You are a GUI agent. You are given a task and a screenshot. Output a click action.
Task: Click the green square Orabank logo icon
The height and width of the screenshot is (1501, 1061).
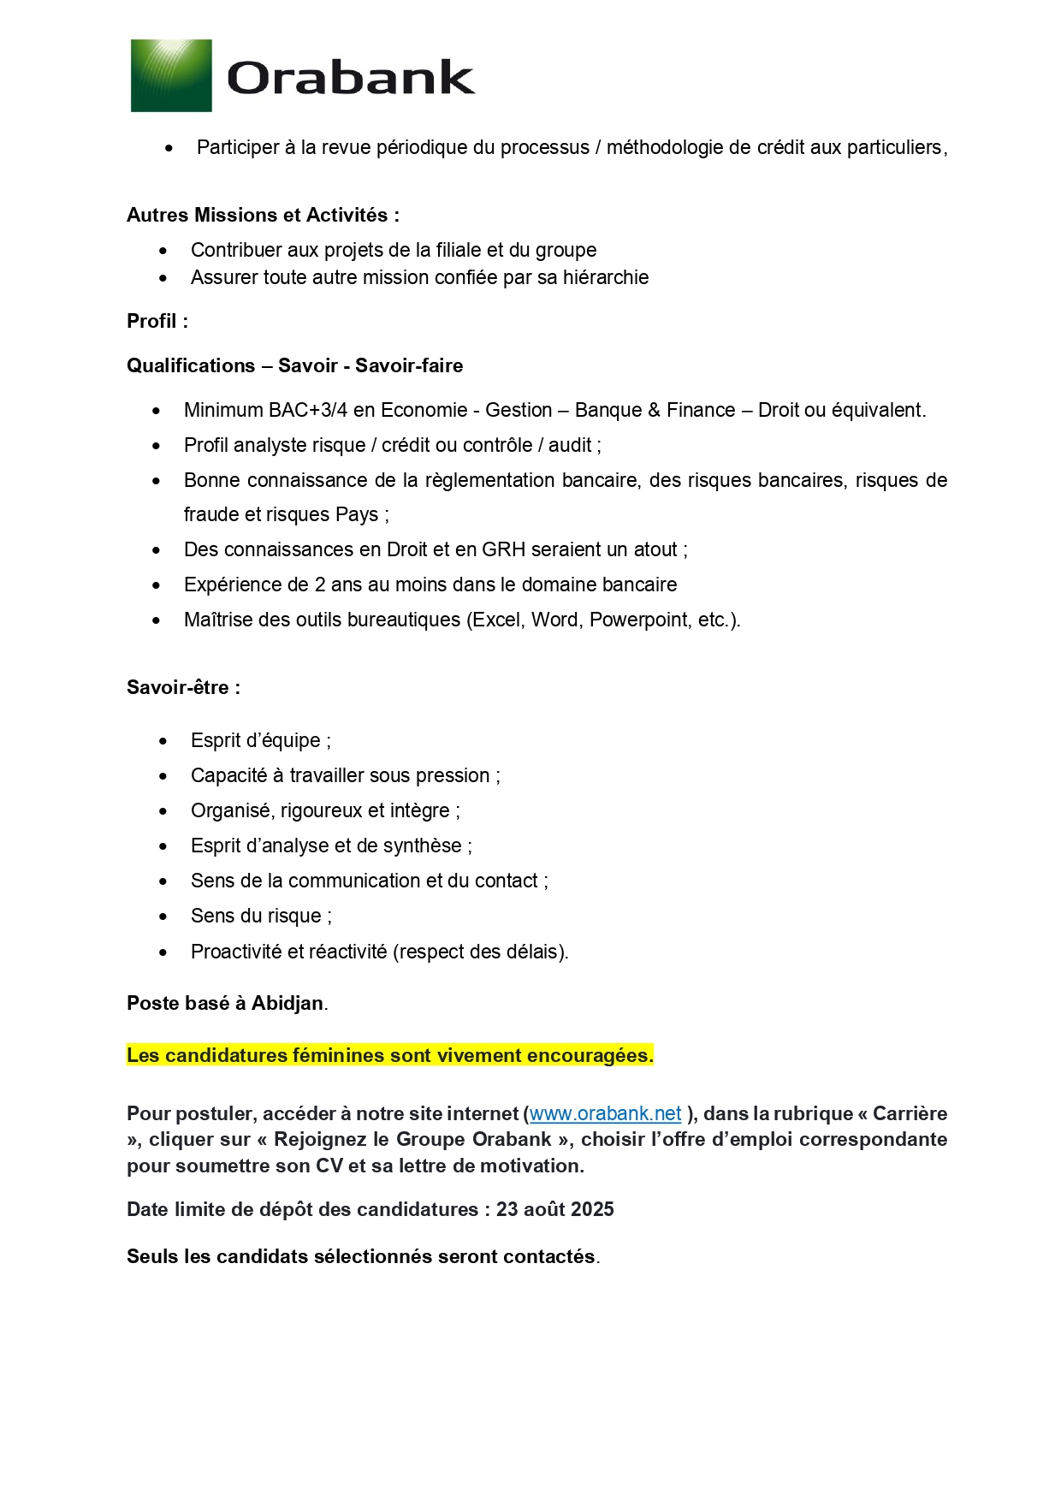click(x=171, y=75)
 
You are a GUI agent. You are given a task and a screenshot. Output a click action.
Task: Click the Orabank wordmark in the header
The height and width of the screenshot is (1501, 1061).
click(x=351, y=78)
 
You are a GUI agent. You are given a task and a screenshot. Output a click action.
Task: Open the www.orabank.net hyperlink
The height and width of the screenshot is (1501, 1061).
click(x=605, y=1113)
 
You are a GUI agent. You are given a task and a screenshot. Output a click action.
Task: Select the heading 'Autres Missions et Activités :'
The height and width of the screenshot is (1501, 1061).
click(x=263, y=215)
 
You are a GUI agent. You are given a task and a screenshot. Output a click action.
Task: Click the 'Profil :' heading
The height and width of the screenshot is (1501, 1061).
click(x=157, y=321)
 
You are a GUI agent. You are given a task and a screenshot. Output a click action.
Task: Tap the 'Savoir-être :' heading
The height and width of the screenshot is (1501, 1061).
click(x=183, y=687)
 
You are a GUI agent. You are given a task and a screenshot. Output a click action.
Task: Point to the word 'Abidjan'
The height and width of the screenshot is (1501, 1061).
click(x=287, y=1003)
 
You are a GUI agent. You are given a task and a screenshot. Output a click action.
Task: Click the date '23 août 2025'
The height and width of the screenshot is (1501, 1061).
click(x=554, y=1209)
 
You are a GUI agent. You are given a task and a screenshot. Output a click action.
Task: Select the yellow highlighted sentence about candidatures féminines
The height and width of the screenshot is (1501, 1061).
click(x=389, y=1055)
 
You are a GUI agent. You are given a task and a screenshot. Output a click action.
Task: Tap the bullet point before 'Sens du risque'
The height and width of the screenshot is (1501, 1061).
click(x=163, y=917)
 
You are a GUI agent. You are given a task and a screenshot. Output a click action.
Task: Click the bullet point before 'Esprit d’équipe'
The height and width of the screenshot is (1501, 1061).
click(x=163, y=741)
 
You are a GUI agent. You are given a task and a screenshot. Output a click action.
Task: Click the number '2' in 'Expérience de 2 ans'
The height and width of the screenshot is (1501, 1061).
click(x=320, y=584)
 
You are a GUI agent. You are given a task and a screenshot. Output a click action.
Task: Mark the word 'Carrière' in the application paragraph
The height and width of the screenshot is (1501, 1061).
click(x=910, y=1113)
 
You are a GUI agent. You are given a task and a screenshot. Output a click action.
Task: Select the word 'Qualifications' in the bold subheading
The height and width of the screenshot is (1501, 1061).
click(x=191, y=365)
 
